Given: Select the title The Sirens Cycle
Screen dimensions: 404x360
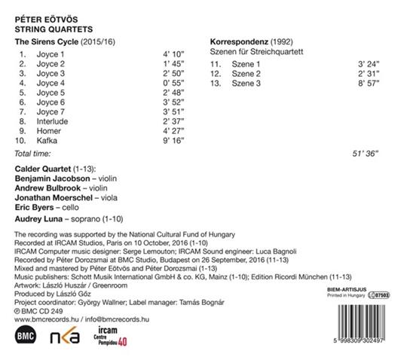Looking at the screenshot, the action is (46, 41).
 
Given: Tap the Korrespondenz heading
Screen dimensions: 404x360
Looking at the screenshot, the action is (240, 41).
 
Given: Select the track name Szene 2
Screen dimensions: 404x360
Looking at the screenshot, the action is (246, 72).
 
